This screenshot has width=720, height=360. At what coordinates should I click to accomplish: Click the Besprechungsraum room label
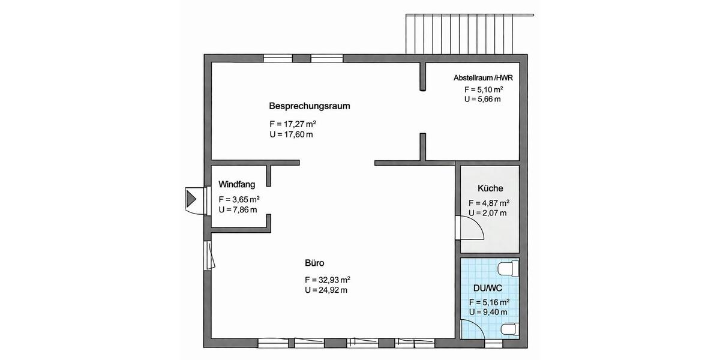[x=309, y=106]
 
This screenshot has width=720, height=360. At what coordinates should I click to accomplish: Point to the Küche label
[x=486, y=188]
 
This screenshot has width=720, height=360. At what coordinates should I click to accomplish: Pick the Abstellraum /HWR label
[x=482, y=78]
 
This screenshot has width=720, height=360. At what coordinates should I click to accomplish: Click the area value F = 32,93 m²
[x=327, y=280]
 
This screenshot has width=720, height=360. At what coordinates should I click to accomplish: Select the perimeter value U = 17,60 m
[x=292, y=134]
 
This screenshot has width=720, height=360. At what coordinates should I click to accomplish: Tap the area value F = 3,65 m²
[x=239, y=199]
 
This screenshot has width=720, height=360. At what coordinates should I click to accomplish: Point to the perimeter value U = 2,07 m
[x=487, y=212]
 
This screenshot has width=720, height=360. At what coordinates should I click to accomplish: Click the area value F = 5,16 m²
[x=489, y=302]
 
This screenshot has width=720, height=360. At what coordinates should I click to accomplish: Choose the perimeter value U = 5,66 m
[x=482, y=99]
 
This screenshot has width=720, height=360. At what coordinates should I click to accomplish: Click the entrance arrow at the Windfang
[x=193, y=198]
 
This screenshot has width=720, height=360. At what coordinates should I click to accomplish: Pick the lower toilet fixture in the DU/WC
[x=510, y=328]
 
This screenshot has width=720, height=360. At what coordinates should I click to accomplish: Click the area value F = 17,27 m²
[x=293, y=124]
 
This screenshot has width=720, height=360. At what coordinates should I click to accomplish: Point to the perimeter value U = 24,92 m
[x=326, y=290]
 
